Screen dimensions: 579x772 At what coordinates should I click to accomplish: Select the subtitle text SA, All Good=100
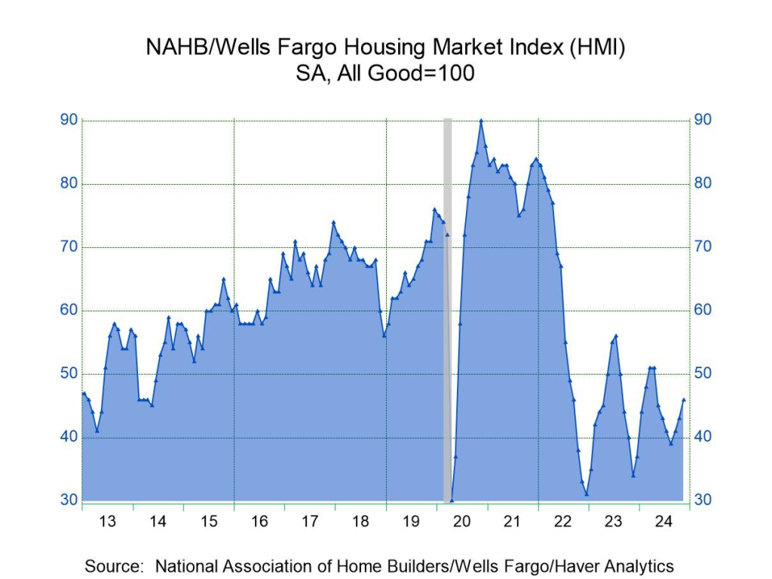[386, 75]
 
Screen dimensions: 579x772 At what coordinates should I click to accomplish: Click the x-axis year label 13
[108, 521]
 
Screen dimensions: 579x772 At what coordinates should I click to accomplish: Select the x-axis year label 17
[310, 521]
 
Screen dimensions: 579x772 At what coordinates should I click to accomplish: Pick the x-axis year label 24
[664, 521]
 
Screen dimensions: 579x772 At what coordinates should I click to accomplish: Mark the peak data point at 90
[481, 121]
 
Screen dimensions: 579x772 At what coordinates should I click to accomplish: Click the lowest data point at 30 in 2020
[452, 500]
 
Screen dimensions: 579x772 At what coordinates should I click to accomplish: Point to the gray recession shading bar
[447, 302]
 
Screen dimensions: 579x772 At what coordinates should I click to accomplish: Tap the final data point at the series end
[684, 400]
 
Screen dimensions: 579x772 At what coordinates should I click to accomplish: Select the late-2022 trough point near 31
[587, 494]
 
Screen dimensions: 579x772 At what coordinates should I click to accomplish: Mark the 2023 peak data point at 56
[616, 336]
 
